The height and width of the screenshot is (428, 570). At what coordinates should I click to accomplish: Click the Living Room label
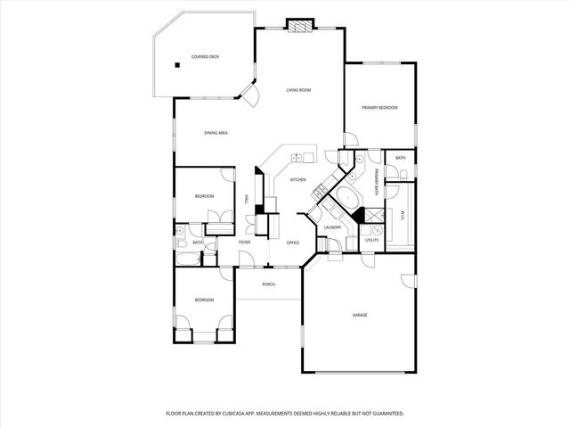pyautogui.click(x=298, y=90)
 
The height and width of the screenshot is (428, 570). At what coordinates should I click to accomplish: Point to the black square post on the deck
pyautogui.click(x=178, y=65)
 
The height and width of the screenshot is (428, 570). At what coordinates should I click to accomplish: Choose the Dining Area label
pyautogui.click(x=216, y=133)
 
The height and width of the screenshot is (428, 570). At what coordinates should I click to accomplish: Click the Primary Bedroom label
pyautogui.click(x=379, y=108)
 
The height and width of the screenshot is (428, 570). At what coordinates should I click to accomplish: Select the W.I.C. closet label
pyautogui.click(x=403, y=214)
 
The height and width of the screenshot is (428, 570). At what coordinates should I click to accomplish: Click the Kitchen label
pyautogui.click(x=298, y=179)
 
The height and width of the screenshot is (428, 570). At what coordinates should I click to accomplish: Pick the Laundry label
pyautogui.click(x=333, y=227)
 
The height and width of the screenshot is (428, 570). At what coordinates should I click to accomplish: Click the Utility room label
pyautogui.click(x=372, y=240)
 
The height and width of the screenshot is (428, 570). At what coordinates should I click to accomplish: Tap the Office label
pyautogui.click(x=292, y=243)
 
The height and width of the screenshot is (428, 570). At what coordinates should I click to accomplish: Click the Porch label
pyautogui.click(x=268, y=284)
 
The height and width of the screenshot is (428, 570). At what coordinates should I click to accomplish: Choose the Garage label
pyautogui.click(x=360, y=315)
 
